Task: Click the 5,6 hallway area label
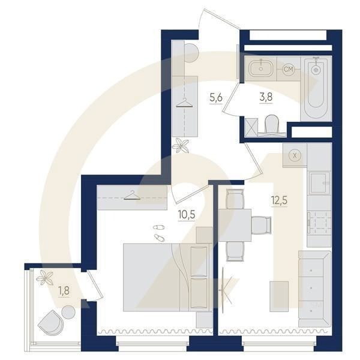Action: coord(216,98)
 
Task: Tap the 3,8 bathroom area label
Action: coord(266,97)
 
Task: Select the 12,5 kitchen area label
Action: coord(280,200)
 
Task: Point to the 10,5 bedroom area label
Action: coord(187,215)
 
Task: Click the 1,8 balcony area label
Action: coord(64,291)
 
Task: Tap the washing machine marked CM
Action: coord(289,69)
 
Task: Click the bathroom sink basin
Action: coord(261,68)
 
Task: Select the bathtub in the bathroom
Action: coord(316,89)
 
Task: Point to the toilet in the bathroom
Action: coord(271,125)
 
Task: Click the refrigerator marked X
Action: coord(295,155)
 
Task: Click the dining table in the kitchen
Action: coord(235,225)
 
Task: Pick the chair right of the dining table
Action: coord(261,225)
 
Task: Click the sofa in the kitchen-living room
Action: coord(314,289)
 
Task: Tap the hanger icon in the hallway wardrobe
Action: coord(184,103)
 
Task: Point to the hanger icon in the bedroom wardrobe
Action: coord(132,196)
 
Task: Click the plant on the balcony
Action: coord(44,277)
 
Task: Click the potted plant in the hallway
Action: coord(181,146)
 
